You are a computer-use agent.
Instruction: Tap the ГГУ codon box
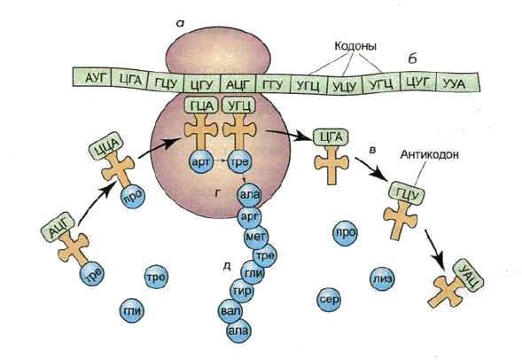[273, 83]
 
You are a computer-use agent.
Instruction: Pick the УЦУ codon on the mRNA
[345, 87]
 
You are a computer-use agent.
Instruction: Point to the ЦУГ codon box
[418, 82]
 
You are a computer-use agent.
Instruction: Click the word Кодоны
[355, 45]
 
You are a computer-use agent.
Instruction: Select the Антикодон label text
[430, 154]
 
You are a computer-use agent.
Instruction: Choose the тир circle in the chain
[242, 292]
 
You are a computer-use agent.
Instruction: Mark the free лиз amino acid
[382, 278]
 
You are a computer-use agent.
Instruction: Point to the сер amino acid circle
[329, 300]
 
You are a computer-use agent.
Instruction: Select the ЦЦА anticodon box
[105, 145]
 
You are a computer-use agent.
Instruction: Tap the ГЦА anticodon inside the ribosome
[201, 106]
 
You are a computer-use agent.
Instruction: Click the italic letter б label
[412, 59]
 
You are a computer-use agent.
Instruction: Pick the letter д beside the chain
[227, 266]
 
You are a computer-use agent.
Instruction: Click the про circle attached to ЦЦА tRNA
[133, 196]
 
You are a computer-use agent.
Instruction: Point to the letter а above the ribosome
[181, 23]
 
